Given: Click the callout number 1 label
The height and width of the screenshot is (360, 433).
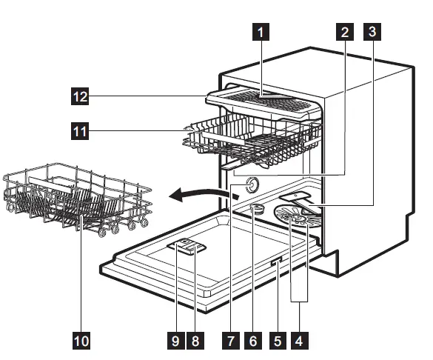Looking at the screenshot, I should pos(261,33).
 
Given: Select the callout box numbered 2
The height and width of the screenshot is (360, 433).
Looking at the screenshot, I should pos(343,33).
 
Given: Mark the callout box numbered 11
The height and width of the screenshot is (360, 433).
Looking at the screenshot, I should pos(80,132).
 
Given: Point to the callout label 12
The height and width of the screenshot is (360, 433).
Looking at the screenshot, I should pos(80,95).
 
